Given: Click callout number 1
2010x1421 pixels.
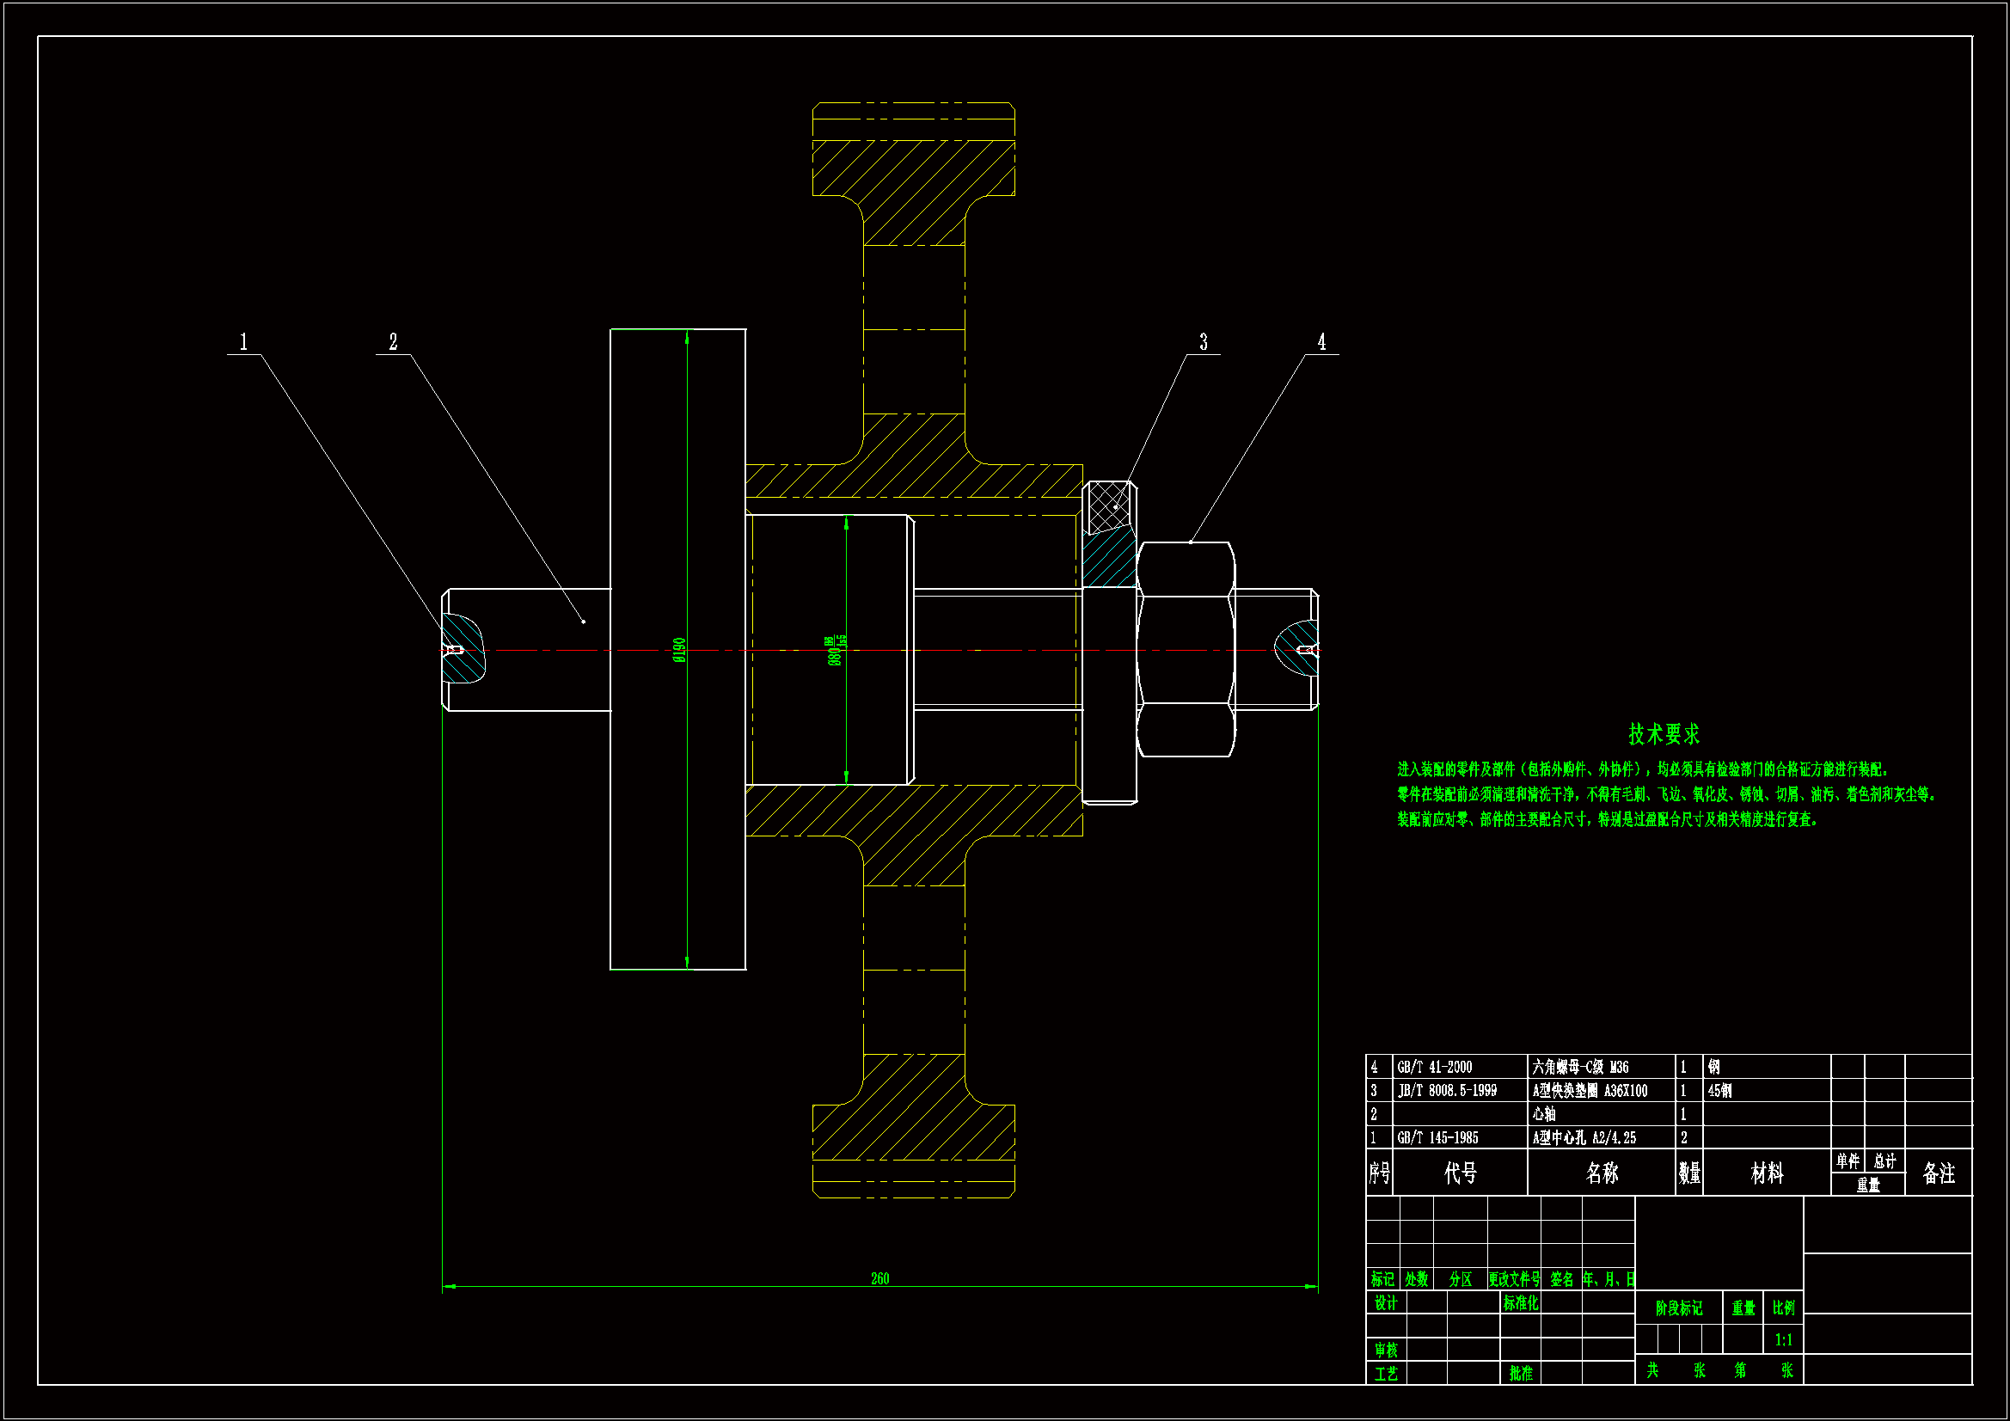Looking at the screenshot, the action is click(243, 341).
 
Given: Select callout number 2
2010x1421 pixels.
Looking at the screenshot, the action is click(393, 341).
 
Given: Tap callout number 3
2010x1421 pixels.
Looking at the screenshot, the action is click(1204, 341).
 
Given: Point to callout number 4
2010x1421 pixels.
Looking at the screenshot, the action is click(1322, 341).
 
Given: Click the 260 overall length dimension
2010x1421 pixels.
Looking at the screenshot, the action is click(879, 1278).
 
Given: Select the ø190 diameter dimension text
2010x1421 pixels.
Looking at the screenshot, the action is click(679, 650).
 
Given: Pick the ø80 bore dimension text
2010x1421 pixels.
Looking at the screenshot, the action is click(836, 651).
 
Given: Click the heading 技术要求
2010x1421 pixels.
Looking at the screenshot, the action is click(1664, 733).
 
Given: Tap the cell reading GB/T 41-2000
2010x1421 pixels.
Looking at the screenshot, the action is click(1435, 1067).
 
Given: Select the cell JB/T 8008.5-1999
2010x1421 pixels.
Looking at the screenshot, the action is click(1447, 1090).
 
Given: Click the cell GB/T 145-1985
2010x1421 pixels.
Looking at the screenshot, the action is click(1437, 1137).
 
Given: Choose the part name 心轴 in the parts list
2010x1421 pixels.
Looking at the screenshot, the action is click(1544, 1114).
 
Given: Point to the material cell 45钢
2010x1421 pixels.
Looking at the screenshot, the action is click(1719, 1090).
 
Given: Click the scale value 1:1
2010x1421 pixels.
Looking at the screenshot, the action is click(1783, 1339).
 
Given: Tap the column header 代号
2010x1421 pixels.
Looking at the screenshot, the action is click(1461, 1173).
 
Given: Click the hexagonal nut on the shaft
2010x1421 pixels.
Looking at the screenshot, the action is click(1186, 649).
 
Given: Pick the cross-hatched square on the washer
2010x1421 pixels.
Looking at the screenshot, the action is click(1108, 506).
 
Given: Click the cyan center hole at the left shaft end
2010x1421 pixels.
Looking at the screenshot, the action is click(462, 649).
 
